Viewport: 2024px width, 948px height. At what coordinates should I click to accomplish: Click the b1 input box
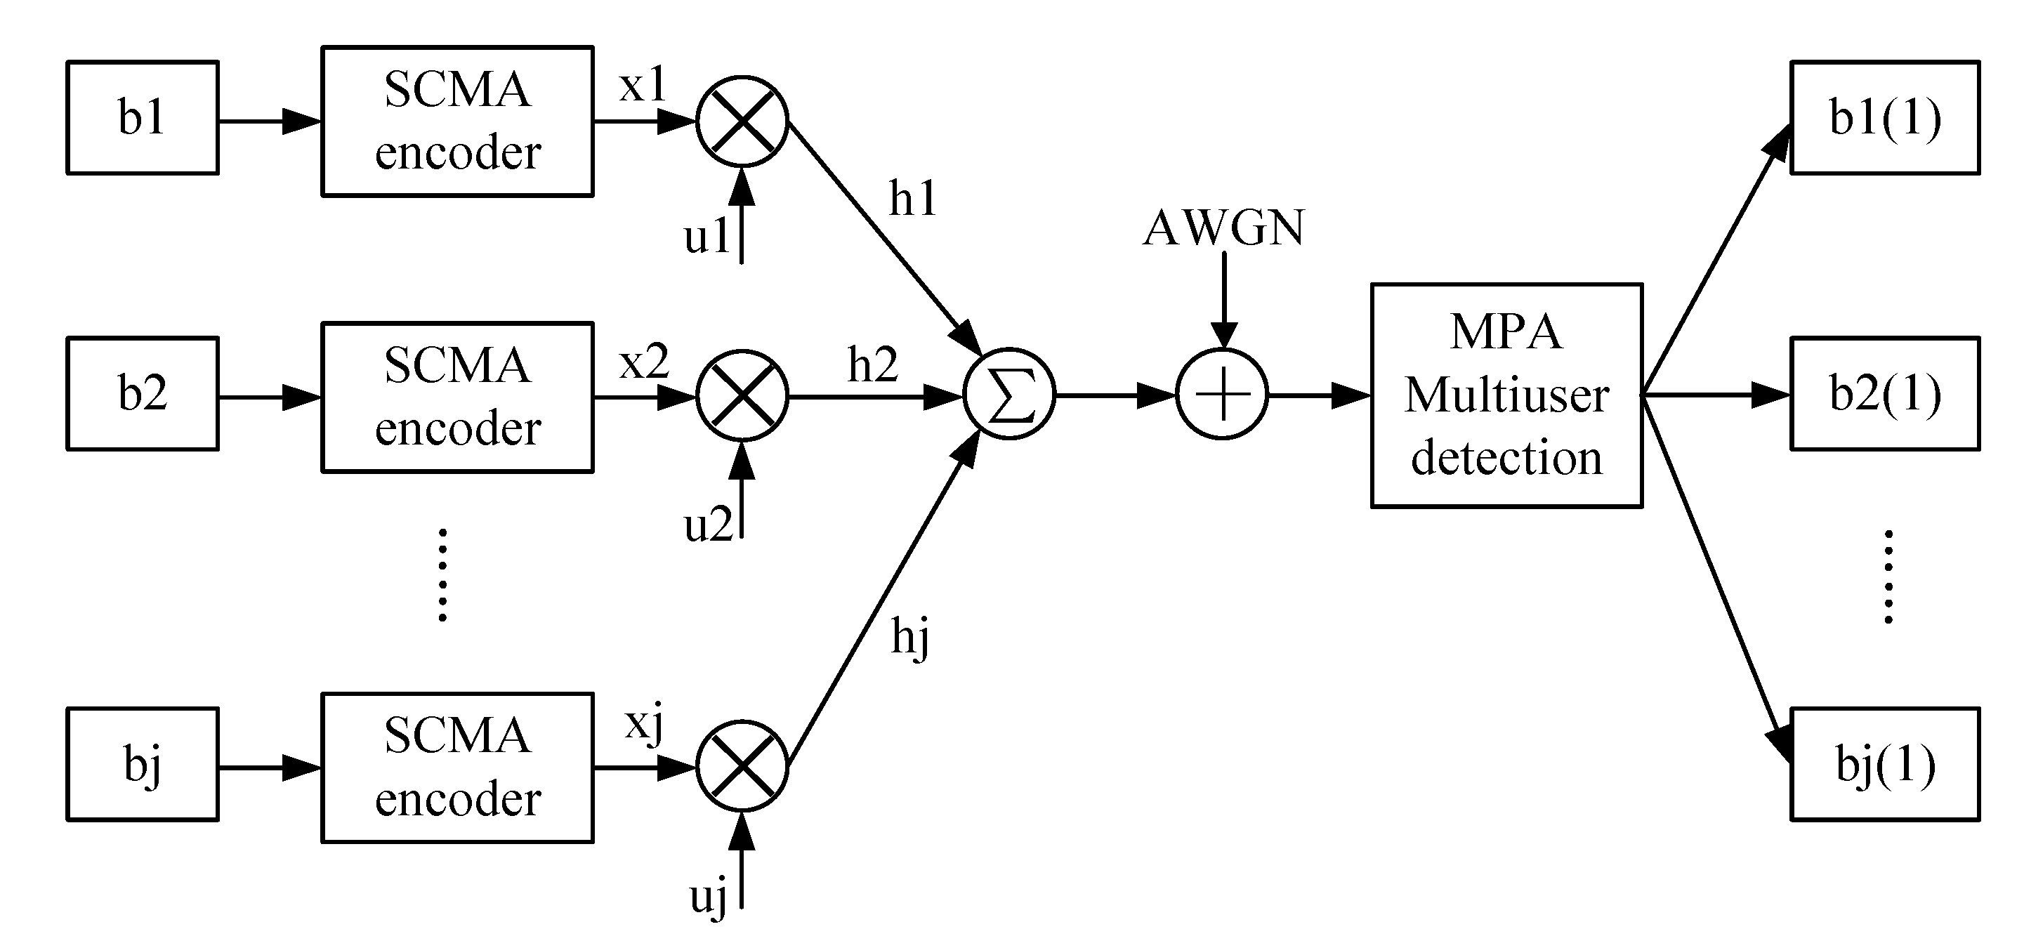143,118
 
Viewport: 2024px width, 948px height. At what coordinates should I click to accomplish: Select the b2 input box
143,393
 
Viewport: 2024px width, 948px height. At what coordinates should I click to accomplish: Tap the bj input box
143,764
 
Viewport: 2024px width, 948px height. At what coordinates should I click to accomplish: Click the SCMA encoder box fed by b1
457,121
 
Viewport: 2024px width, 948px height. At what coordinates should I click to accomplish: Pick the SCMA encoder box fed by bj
457,768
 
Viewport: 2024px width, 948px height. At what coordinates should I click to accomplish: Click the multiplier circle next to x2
742,396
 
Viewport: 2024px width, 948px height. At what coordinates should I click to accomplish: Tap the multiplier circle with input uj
742,766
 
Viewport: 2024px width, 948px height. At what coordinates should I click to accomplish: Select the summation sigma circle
1010,394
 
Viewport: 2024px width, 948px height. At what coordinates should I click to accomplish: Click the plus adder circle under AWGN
1222,394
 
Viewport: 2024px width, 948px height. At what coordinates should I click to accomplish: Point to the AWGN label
1223,228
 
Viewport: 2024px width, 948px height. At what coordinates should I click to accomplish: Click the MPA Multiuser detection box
1506,395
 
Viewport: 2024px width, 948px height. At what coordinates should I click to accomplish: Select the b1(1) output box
1885,118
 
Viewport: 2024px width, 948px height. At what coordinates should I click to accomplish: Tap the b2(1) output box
1885,393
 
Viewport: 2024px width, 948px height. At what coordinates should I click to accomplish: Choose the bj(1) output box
1885,764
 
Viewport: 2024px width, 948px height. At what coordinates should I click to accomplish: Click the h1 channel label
913,198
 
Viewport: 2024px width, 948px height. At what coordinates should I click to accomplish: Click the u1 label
707,236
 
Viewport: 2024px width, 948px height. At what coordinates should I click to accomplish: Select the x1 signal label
643,84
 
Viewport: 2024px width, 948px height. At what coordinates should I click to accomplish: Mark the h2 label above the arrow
872,364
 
